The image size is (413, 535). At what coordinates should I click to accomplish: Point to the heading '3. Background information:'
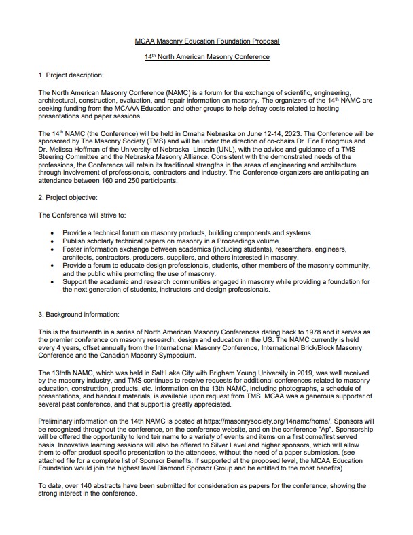(78, 314)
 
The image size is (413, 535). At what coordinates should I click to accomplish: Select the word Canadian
(113, 355)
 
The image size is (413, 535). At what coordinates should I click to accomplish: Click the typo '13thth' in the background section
(62, 372)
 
